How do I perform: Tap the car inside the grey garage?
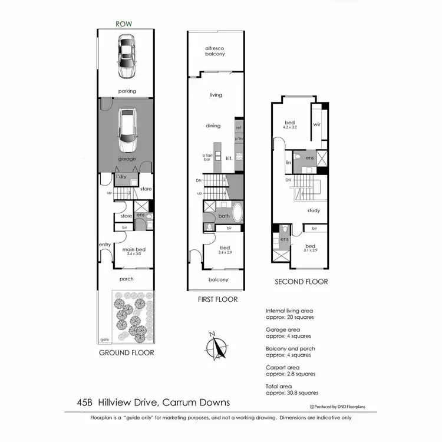point(127,130)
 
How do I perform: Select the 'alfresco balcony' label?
point(215,51)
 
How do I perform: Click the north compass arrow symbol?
point(217,345)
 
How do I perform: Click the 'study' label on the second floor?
point(313,209)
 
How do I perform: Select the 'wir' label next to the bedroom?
point(316,124)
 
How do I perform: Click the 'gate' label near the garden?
point(104,339)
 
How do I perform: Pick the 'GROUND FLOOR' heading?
point(127,352)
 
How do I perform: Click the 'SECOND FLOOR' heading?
point(301,282)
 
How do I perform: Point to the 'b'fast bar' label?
point(206,158)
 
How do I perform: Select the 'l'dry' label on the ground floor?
point(122,176)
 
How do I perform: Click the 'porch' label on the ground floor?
point(126,279)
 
